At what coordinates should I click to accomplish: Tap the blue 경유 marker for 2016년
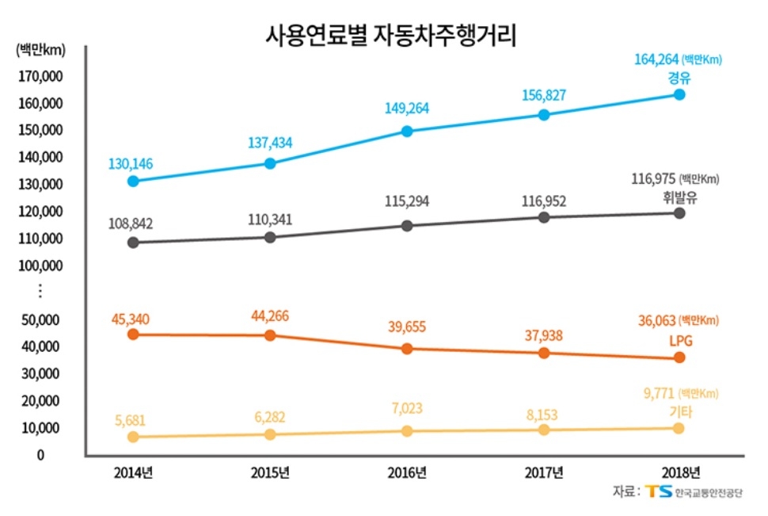point(407,131)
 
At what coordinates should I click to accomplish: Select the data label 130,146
point(131,164)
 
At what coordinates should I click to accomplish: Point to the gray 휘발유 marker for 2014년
point(133,242)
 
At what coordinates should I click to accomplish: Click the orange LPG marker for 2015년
point(270,335)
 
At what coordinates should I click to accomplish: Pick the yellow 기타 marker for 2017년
point(544,430)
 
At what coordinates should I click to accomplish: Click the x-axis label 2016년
point(407,473)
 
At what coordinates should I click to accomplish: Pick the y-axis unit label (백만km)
point(40,50)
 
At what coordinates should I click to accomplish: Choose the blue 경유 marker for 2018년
point(679,94)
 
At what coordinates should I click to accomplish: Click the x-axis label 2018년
point(680,473)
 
